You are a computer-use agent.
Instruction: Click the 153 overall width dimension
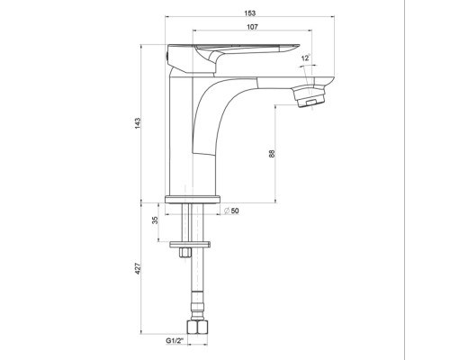[250, 13]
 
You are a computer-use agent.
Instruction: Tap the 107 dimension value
[252, 27]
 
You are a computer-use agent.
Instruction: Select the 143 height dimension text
[138, 123]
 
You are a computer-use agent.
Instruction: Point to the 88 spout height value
[272, 154]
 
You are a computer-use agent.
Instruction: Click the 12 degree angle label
[306, 58]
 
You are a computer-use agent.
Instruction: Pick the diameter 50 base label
[231, 211]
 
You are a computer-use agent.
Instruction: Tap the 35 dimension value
[155, 220]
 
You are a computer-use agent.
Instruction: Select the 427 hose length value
[138, 268]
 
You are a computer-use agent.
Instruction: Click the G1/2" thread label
[175, 341]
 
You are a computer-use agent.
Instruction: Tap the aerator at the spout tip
[309, 95]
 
